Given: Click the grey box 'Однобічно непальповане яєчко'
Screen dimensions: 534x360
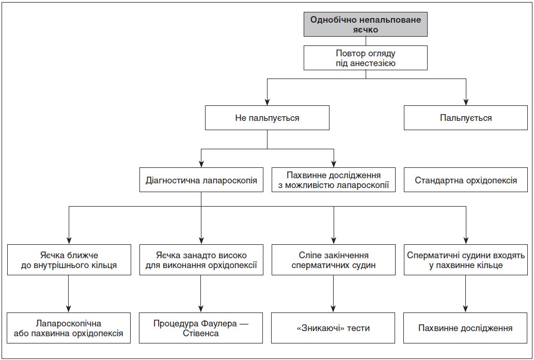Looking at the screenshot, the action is point(366,24).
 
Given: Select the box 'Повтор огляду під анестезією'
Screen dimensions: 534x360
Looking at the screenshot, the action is point(366,58).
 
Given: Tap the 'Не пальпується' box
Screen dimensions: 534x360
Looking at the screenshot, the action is point(267,118).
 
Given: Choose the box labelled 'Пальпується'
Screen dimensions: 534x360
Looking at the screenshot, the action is point(465,118).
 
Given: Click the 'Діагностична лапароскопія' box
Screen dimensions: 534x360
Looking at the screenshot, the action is point(201,180).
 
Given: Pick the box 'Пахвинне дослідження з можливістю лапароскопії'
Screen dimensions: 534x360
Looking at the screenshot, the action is point(334,180).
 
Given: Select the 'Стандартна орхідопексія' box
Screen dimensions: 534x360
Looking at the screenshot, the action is point(465,180).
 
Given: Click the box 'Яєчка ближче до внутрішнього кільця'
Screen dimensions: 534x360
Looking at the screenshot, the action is point(69,260).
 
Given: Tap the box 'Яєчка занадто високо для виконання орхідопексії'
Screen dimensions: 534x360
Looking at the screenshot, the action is point(201,260).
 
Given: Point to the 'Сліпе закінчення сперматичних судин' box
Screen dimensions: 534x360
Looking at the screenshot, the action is point(334,260).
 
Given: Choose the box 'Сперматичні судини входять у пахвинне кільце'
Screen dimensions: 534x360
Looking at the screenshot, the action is point(465,260).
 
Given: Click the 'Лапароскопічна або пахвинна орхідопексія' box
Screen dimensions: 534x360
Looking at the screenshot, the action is point(69,328).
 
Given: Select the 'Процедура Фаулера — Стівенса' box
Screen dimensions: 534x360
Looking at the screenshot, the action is point(201,328).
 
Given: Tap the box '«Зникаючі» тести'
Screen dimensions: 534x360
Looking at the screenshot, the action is point(333,328).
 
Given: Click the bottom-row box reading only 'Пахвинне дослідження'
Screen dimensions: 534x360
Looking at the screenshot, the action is point(465,328).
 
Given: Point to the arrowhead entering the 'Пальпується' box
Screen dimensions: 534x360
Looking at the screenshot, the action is point(466,102).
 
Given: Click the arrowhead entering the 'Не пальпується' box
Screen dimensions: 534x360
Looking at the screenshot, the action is point(267,102).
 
